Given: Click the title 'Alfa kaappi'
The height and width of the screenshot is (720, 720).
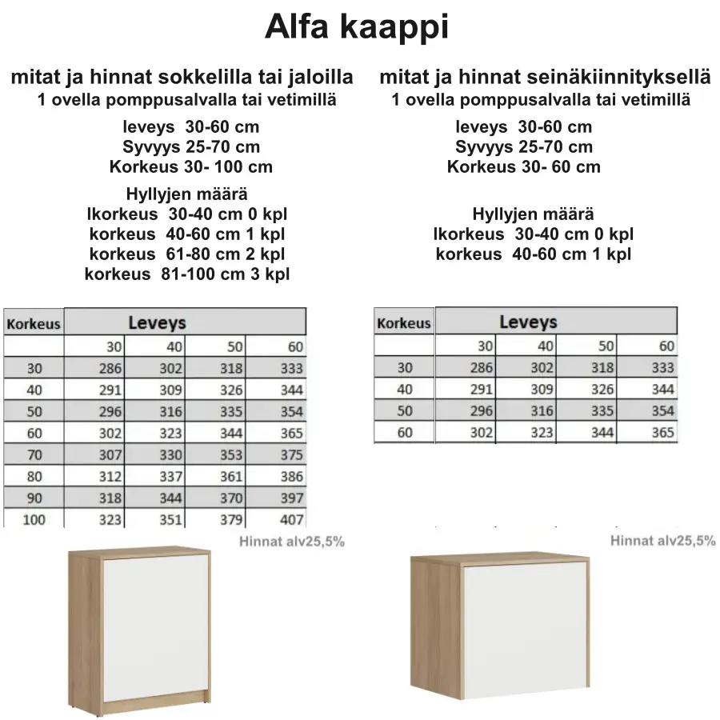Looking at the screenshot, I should point(357,27).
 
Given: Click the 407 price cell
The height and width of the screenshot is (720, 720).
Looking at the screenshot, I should point(291,520).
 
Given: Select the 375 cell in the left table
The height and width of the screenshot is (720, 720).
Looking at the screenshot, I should point(291,455).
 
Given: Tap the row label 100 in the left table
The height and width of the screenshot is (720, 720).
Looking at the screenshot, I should point(34,520).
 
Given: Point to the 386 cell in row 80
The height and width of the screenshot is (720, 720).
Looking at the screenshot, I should point(291,477).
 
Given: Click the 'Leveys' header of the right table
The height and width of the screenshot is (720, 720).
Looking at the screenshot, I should point(528,322).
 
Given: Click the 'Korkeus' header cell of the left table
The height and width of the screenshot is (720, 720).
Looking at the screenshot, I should point(34,324).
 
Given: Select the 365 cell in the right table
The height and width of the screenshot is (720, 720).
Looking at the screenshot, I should point(662,432).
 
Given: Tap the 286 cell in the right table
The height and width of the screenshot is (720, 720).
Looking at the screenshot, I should point(481,368).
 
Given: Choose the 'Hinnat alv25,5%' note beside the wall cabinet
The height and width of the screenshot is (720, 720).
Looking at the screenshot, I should point(662,541).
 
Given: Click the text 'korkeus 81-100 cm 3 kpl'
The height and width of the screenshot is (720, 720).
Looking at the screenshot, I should point(187,274).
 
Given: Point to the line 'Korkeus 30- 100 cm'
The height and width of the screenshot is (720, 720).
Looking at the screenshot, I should point(190,167).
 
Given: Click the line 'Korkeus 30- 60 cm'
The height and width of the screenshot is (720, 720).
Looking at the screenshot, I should point(523,167).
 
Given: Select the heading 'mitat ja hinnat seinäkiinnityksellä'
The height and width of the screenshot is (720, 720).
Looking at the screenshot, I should point(544,78).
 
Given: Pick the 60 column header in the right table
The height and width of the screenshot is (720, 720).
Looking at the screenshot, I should point(666,346).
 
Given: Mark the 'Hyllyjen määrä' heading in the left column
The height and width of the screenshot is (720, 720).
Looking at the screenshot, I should point(186,194).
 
